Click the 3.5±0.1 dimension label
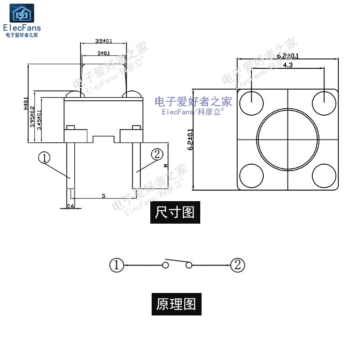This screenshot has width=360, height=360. coord(103,41)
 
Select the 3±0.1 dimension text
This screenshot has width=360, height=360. coord(103,53)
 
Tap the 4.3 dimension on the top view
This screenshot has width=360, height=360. coord(288,65)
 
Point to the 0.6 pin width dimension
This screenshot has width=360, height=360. coord(70,206)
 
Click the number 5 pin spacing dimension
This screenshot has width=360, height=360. coord(103,196)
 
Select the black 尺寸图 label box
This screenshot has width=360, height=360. coord(175,212)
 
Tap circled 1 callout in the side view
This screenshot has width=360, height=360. coord(44,157)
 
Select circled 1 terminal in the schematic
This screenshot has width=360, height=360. coord(116,265)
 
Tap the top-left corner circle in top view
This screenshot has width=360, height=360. coord(251,102)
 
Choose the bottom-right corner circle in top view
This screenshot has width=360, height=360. coord(324,176)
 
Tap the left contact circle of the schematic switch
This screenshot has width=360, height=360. coord(166,265)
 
